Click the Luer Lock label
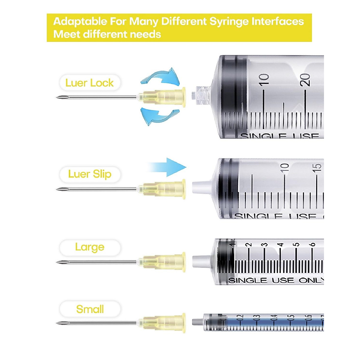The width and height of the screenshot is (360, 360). pos(89,83)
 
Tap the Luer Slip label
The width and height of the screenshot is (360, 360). pos(89,174)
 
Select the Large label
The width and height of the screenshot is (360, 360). pos(90,247)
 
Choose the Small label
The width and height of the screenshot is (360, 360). pos(90,309)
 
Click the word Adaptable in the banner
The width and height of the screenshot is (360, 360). pos(80,22)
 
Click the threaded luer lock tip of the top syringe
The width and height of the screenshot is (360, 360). pos(203,95)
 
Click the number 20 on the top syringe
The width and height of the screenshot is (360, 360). pos(305,80)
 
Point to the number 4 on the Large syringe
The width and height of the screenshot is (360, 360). pos(280,245)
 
